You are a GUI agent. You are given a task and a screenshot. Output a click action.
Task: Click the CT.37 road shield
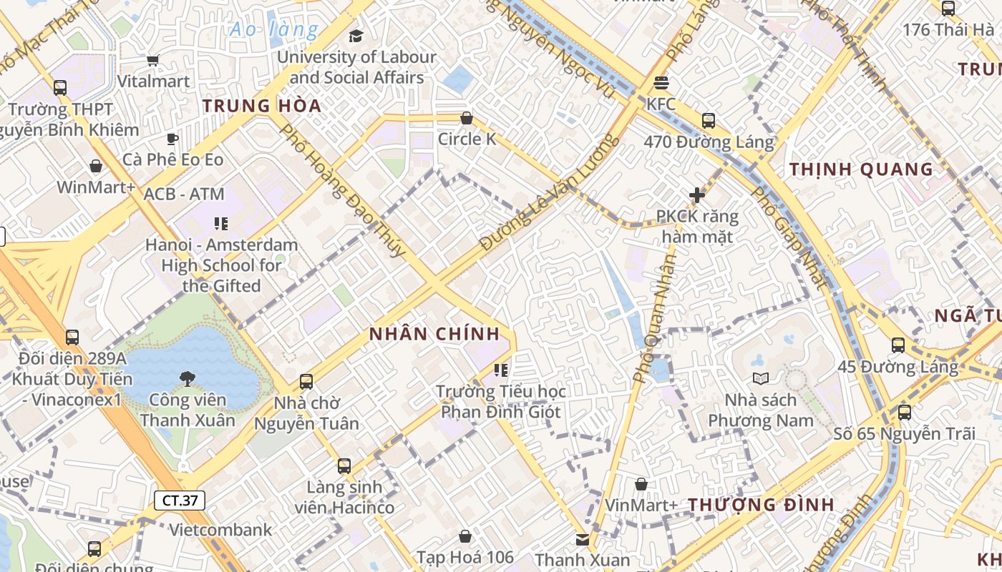(x=180, y=500)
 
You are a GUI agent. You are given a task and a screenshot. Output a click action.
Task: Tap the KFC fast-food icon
(x=661, y=83)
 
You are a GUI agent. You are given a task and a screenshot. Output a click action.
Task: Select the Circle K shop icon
(x=467, y=118)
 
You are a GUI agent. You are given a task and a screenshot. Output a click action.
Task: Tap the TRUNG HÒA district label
(x=261, y=106)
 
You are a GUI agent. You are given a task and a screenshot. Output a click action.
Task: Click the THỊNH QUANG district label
(x=862, y=169)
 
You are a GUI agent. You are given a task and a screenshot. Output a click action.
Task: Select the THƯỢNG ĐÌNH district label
(x=762, y=505)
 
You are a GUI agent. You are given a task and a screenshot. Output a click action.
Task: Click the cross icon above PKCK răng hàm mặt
(x=697, y=194)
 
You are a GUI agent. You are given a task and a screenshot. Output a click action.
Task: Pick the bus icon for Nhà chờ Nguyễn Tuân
(x=306, y=381)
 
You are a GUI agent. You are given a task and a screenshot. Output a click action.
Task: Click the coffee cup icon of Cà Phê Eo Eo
(x=172, y=139)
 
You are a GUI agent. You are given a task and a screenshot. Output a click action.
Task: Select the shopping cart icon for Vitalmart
(x=152, y=61)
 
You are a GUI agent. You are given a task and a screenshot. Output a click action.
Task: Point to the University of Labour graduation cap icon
(x=356, y=36)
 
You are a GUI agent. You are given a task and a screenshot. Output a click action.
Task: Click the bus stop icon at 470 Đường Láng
(x=709, y=120)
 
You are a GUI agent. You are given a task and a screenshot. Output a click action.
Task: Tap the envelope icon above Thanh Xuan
(x=583, y=539)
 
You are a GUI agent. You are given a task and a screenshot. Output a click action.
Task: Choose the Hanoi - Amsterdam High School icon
(x=221, y=224)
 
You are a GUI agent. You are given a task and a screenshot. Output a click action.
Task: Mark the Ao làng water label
(x=274, y=29)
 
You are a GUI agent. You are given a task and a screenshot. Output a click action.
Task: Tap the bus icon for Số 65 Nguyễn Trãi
(x=905, y=413)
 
